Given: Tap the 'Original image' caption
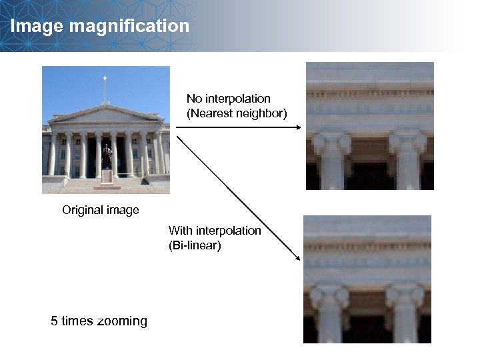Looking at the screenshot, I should (101, 211).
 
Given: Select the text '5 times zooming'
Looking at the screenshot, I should (99, 321).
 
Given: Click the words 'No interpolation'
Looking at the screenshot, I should (229, 99).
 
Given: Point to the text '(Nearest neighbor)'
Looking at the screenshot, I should (237, 114).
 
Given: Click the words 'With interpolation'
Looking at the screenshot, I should (215, 231).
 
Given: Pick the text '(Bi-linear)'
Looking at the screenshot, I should (195, 246).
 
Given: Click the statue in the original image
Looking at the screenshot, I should (107, 157).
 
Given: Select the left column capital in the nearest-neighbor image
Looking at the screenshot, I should (331, 142).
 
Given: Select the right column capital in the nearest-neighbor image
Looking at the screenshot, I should (407, 141).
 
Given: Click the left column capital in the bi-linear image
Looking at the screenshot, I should (329, 296).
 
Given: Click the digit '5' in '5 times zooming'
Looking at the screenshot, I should (55, 321).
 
